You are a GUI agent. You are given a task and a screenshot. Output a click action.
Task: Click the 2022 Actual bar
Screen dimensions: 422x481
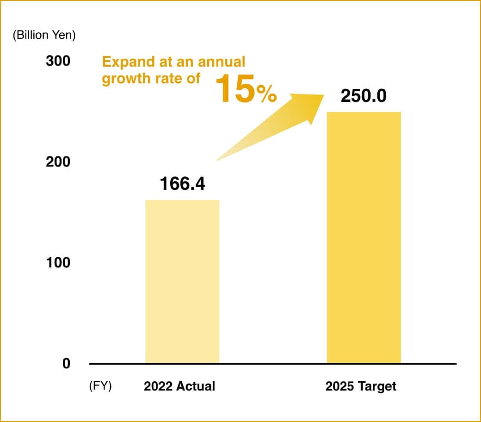(x=182, y=281)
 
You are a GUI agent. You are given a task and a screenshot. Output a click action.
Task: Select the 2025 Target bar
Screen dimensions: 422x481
(x=364, y=237)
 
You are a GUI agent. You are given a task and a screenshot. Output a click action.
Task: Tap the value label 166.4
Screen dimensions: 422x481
(x=182, y=184)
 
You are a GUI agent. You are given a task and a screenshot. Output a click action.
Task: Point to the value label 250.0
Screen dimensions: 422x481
(x=363, y=96)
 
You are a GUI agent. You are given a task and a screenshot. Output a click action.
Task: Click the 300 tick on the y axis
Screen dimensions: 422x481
(x=58, y=61)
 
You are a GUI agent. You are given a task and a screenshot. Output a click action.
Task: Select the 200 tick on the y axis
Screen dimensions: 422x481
(x=58, y=162)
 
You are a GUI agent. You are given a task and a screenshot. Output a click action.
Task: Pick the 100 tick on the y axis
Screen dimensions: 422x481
(x=58, y=263)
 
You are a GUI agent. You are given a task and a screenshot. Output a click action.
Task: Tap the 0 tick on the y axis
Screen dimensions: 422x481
(x=66, y=364)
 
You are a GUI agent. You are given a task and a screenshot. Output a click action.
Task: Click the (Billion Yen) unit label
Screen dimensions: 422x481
(x=44, y=35)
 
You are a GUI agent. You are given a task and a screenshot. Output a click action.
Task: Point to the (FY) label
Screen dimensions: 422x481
(x=100, y=386)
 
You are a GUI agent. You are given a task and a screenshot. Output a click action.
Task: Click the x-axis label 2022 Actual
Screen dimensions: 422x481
(x=179, y=386)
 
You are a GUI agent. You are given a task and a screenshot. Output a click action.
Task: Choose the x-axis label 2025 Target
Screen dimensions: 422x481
(x=361, y=386)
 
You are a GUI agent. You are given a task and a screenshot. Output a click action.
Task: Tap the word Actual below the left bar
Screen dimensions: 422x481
(x=197, y=386)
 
